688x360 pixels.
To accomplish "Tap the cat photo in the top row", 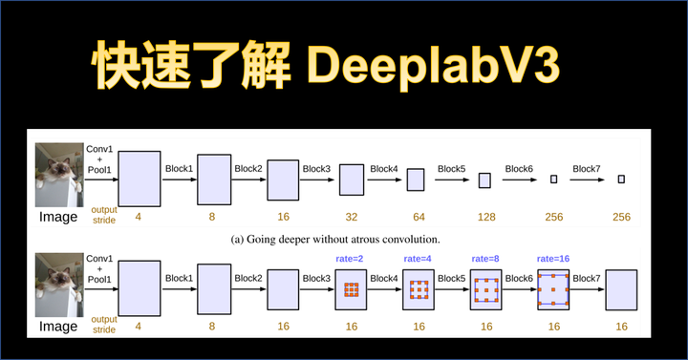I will coord(58,175).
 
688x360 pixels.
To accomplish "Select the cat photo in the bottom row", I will coord(58,284).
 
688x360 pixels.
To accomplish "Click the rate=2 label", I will coord(351,257).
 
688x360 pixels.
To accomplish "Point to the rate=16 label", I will coord(553,257).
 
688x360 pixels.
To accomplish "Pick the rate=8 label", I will coord(486,257).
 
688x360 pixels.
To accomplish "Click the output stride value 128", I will coord(485,217).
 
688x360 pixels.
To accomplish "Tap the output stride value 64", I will coord(419,217).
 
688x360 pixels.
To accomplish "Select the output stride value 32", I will coord(352,217).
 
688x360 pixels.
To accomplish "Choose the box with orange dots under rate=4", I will coord(419,289).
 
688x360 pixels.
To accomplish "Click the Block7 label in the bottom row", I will coord(587,278).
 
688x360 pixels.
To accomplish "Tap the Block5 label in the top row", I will coord(452,169).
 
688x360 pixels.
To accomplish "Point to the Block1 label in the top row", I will coord(179,169).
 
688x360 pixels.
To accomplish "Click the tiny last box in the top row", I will coord(621,179).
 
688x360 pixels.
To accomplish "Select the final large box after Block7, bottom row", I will coord(621,289).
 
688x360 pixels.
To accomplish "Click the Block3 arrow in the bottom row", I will coord(317,288).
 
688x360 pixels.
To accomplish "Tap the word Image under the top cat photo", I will coord(57,217).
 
